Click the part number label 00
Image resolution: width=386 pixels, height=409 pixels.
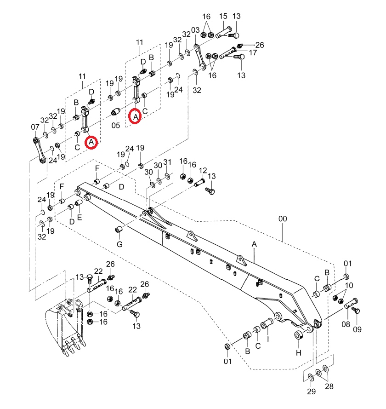pos(283,219)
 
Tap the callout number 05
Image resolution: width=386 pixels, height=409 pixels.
pos(116,125)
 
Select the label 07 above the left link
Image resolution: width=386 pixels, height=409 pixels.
pos(35,127)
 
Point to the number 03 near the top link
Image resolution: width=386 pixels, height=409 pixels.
pos(195,30)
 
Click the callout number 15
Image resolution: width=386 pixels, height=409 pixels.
pos(223,16)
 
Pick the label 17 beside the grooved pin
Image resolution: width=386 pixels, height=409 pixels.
pos(253,53)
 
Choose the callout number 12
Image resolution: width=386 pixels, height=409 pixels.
pos(203,171)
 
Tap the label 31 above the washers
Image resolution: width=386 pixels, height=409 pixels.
pos(167,162)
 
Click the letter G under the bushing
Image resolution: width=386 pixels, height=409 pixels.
pos(119,244)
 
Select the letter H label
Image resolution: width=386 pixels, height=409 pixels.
pos(299,353)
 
